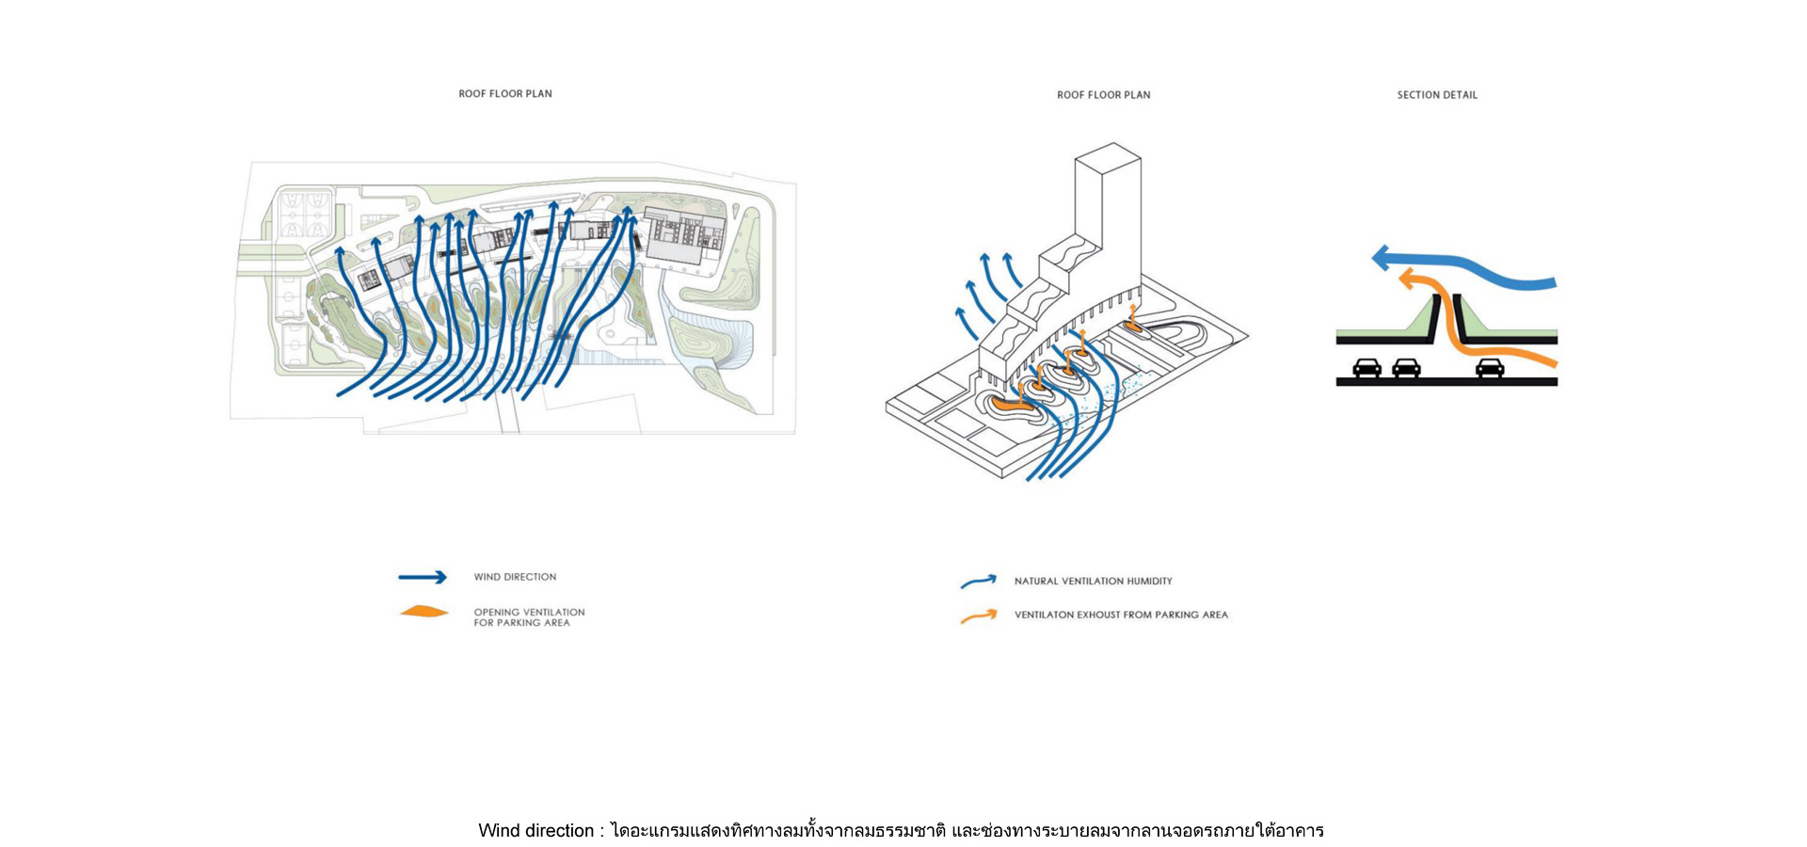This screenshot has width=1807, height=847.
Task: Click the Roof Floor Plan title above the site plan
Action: (x=505, y=94)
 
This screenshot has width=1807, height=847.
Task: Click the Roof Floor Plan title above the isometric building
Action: (x=1103, y=95)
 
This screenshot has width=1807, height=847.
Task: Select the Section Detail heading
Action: (x=1437, y=95)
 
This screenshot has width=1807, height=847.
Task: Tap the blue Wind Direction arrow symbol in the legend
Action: (x=423, y=577)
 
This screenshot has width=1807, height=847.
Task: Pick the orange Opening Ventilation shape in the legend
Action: (x=424, y=612)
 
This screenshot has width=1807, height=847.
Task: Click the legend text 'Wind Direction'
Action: (x=515, y=577)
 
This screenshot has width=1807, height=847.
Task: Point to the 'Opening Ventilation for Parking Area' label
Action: (x=529, y=617)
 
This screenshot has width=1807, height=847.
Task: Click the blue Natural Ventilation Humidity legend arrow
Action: (x=979, y=582)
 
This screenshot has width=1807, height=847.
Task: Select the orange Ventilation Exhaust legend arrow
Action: (x=979, y=616)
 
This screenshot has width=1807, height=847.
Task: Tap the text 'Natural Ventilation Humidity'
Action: (x=1093, y=582)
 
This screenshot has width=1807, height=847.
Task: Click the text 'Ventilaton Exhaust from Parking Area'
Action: (x=1121, y=615)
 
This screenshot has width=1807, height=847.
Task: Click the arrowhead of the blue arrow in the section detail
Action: (x=1382, y=258)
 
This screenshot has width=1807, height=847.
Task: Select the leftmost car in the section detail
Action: (x=1367, y=368)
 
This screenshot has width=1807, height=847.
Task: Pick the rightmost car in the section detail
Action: (x=1489, y=368)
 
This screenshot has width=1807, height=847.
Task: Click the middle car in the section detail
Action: (x=1406, y=368)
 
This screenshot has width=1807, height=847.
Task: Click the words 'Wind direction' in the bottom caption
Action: (x=536, y=831)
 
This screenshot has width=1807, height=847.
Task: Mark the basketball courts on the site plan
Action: (x=305, y=216)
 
